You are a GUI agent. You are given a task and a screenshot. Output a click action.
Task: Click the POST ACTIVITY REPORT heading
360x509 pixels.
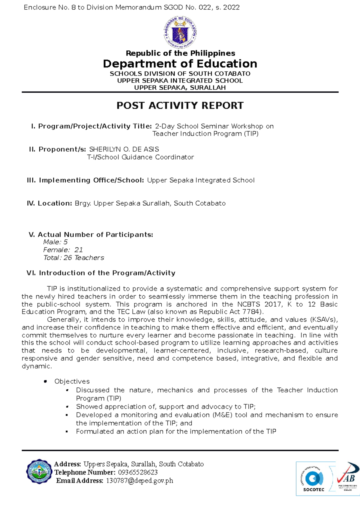point(180,106)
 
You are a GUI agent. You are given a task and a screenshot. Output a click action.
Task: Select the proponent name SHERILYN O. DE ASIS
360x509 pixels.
point(124,149)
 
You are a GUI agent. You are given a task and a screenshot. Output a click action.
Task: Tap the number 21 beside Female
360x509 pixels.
point(79,250)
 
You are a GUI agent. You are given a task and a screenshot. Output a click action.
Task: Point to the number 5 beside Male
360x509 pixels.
point(65,242)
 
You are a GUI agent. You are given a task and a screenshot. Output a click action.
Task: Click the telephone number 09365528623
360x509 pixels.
point(138,472)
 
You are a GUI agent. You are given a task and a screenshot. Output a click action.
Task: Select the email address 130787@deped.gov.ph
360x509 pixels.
point(139,481)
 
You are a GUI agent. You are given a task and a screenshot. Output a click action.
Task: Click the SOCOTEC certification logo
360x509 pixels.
point(314,479)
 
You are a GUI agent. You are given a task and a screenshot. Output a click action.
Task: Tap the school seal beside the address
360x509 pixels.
point(39,472)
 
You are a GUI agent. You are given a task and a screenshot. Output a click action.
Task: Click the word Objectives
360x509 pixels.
point(72,381)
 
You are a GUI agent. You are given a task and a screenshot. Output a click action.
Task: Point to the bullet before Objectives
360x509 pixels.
point(46,382)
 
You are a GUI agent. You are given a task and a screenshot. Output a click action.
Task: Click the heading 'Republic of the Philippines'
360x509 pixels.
point(180,53)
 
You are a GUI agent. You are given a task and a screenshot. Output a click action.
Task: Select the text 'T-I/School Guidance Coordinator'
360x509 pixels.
point(140,157)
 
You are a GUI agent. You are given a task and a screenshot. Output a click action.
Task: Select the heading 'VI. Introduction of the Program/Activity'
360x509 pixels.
point(101,273)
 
